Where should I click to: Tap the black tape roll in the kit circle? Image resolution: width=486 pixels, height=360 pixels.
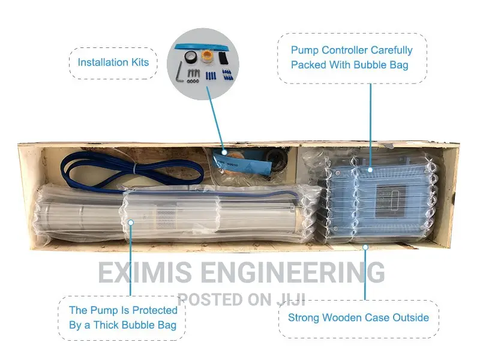pos(190,57)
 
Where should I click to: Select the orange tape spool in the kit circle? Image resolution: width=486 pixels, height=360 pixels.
pos(206,57)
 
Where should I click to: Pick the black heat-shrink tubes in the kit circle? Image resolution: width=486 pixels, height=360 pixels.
pos(223,58)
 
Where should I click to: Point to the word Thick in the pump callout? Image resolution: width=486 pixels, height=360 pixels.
pos(106,325)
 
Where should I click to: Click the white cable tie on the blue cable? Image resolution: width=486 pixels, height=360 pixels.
pos(134,170)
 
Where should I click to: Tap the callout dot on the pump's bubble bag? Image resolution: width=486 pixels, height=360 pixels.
pos(131,223)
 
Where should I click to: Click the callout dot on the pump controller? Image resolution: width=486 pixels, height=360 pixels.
pos(370,170)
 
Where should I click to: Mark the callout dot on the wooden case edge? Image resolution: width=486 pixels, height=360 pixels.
pos(366,247)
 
